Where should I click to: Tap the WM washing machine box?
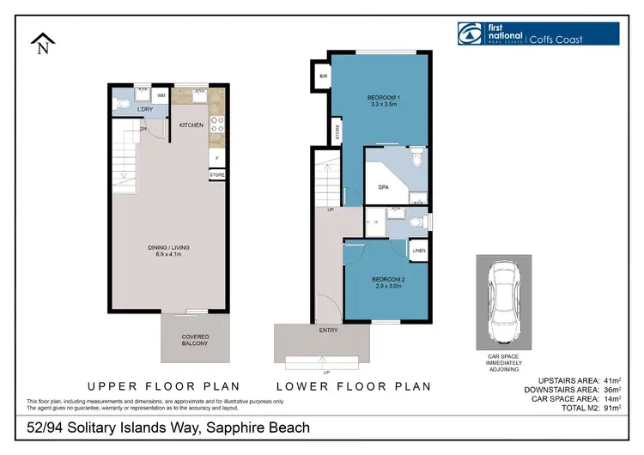(x=161, y=97)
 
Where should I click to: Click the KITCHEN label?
(x=191, y=125)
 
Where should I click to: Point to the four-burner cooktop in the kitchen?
(x=217, y=125)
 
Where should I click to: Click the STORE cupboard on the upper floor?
(x=217, y=175)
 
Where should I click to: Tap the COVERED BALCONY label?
(x=195, y=340)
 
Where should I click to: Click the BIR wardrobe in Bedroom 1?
(x=322, y=76)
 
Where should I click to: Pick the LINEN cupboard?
(x=418, y=251)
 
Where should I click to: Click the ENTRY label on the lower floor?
(x=328, y=330)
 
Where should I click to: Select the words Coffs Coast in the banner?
(x=556, y=39)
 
